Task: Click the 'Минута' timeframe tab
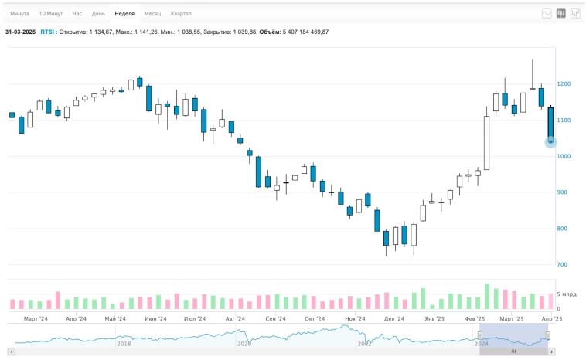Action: click(19, 14)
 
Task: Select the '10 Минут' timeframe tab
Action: click(51, 14)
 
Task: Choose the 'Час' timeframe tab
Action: click(77, 14)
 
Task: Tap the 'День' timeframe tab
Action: click(98, 14)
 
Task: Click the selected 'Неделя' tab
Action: click(124, 14)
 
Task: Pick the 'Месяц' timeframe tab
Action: click(152, 14)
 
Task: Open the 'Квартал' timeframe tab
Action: click(181, 14)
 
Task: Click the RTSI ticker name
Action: click(47, 32)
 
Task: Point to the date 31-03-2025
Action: click(20, 32)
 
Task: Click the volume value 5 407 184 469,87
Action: click(305, 32)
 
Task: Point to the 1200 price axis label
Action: click(564, 83)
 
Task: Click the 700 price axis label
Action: click(562, 265)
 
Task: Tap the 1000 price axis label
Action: click(564, 156)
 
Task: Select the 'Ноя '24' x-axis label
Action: click(355, 318)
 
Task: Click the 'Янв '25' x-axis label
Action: click(435, 318)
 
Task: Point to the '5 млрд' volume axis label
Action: click(567, 294)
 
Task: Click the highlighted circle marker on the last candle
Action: click(550, 142)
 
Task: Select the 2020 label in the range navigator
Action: click(244, 344)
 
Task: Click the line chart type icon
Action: click(547, 13)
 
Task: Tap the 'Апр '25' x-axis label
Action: click(551, 318)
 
